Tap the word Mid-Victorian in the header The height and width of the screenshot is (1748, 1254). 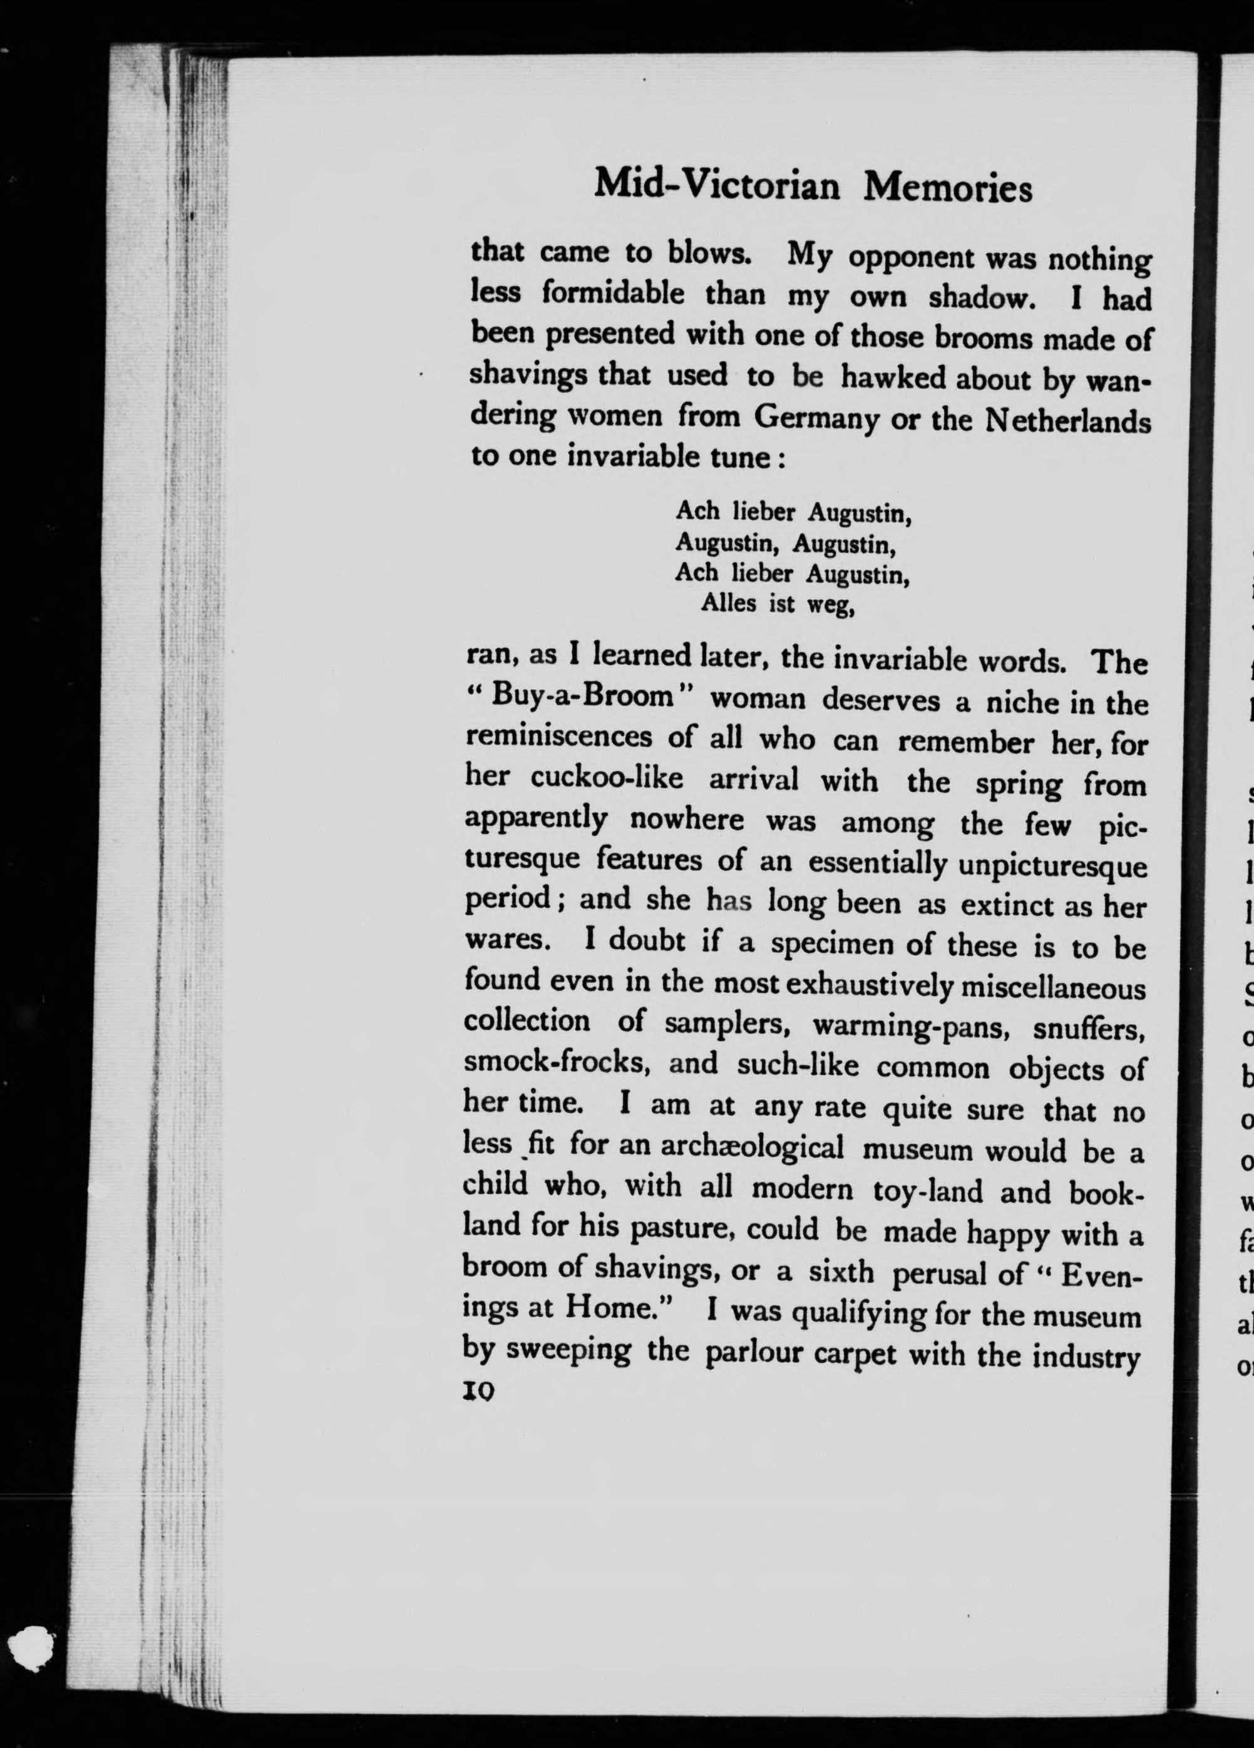(717, 185)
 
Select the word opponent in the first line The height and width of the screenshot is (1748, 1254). (914, 260)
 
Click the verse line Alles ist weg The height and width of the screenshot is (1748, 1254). (777, 604)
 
